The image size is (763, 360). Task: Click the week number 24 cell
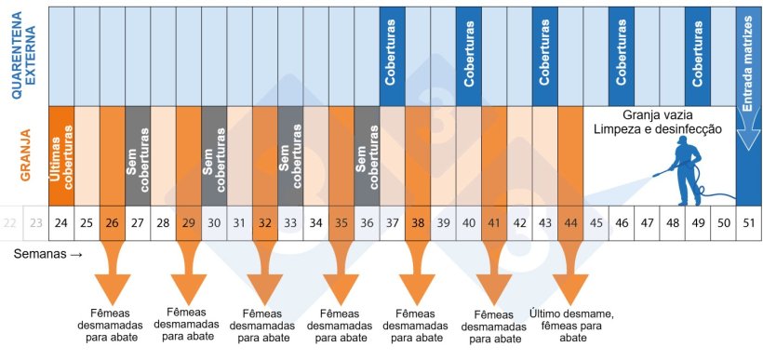tap(60, 223)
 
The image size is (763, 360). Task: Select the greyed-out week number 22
tap(10, 223)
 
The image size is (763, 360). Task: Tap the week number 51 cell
tap(748, 223)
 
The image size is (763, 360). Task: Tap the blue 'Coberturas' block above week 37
tap(392, 55)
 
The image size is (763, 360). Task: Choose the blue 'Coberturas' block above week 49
tap(697, 55)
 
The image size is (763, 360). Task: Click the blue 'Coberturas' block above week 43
tap(544, 55)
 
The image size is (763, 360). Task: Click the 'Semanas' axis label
tap(42, 253)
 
